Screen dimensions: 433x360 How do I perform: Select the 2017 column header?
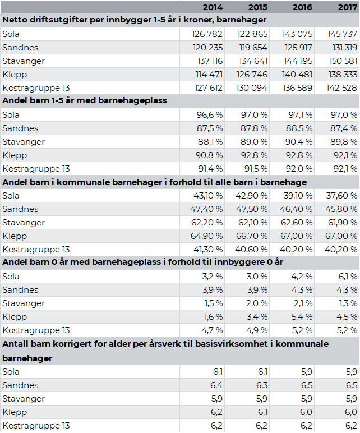pyautogui.click(x=348, y=7)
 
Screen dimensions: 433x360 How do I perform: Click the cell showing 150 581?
pyautogui.click(x=338, y=61)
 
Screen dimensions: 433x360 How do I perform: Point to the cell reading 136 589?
pyautogui.click(x=293, y=88)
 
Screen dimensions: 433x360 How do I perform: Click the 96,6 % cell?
pyautogui.click(x=208, y=115)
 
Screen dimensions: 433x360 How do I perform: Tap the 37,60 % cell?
pyautogui.click(x=340, y=196)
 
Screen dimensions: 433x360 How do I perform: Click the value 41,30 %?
pyautogui.click(x=206, y=250)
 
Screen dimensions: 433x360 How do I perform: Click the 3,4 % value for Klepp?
pyautogui.click(x=255, y=317)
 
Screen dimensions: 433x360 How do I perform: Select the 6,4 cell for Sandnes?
pyautogui.click(x=217, y=385)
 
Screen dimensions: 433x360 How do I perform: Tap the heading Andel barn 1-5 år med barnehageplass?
pyautogui.click(x=85, y=101)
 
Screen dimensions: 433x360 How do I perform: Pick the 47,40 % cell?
pyautogui.click(x=206, y=209)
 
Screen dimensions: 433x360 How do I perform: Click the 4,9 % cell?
pyautogui.click(x=255, y=330)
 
